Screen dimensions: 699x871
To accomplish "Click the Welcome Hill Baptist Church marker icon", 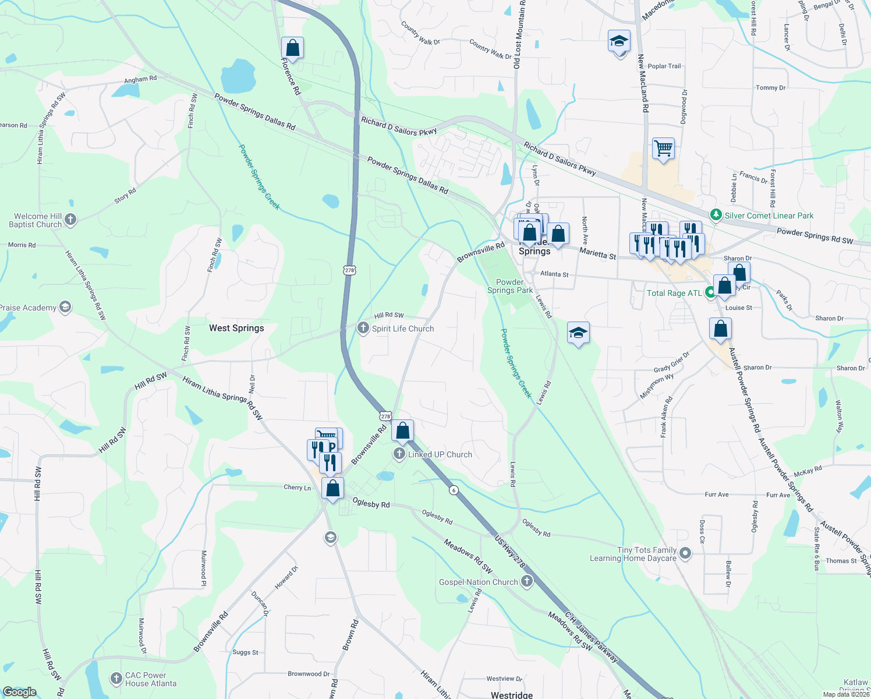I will (x=70, y=220).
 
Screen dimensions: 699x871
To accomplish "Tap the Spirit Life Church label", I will (x=403, y=329).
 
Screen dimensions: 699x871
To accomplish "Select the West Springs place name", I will (x=236, y=328).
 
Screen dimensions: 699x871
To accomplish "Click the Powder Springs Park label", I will (x=510, y=286).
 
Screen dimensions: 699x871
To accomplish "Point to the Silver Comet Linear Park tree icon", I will (x=716, y=216).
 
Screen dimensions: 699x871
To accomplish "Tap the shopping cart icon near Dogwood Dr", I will (x=663, y=149).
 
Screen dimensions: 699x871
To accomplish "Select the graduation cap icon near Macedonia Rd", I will (x=619, y=42).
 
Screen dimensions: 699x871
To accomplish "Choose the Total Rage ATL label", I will (x=674, y=293).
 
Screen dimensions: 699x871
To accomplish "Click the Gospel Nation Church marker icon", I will (x=526, y=581).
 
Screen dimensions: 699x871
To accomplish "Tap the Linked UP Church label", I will (x=440, y=454).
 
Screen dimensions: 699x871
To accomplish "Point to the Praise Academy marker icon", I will (x=65, y=308).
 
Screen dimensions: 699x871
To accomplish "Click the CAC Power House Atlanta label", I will (x=150, y=679).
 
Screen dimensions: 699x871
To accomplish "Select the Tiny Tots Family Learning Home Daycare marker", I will (x=685, y=553).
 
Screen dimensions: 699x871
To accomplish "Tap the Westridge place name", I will (x=511, y=695).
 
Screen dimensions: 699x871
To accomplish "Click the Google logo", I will (x=19, y=692).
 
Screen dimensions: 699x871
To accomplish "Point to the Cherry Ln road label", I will (x=297, y=488).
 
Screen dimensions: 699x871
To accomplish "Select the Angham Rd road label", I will (x=140, y=79).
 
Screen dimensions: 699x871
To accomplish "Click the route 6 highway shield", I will (x=454, y=490).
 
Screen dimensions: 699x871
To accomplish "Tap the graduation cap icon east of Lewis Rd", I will (x=578, y=334).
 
